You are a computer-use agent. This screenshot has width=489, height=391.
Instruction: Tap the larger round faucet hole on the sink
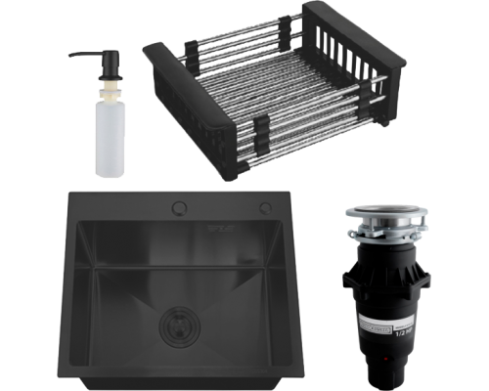point(182,206)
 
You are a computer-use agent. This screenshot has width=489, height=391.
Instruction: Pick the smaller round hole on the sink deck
point(264,206)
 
